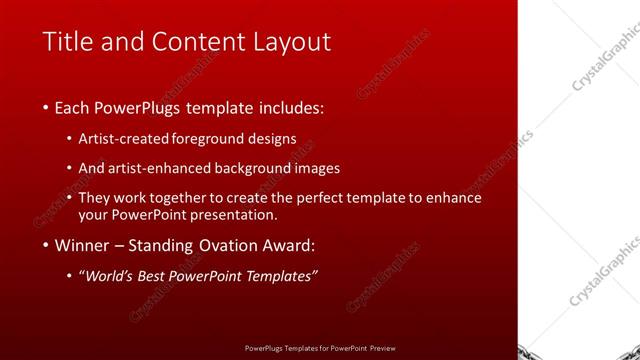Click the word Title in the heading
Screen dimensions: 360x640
point(65,42)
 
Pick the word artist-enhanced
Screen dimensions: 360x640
point(164,168)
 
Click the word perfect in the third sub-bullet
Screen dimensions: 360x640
point(307,198)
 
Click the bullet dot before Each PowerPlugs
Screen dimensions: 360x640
point(45,108)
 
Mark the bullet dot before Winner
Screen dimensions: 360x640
point(45,246)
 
